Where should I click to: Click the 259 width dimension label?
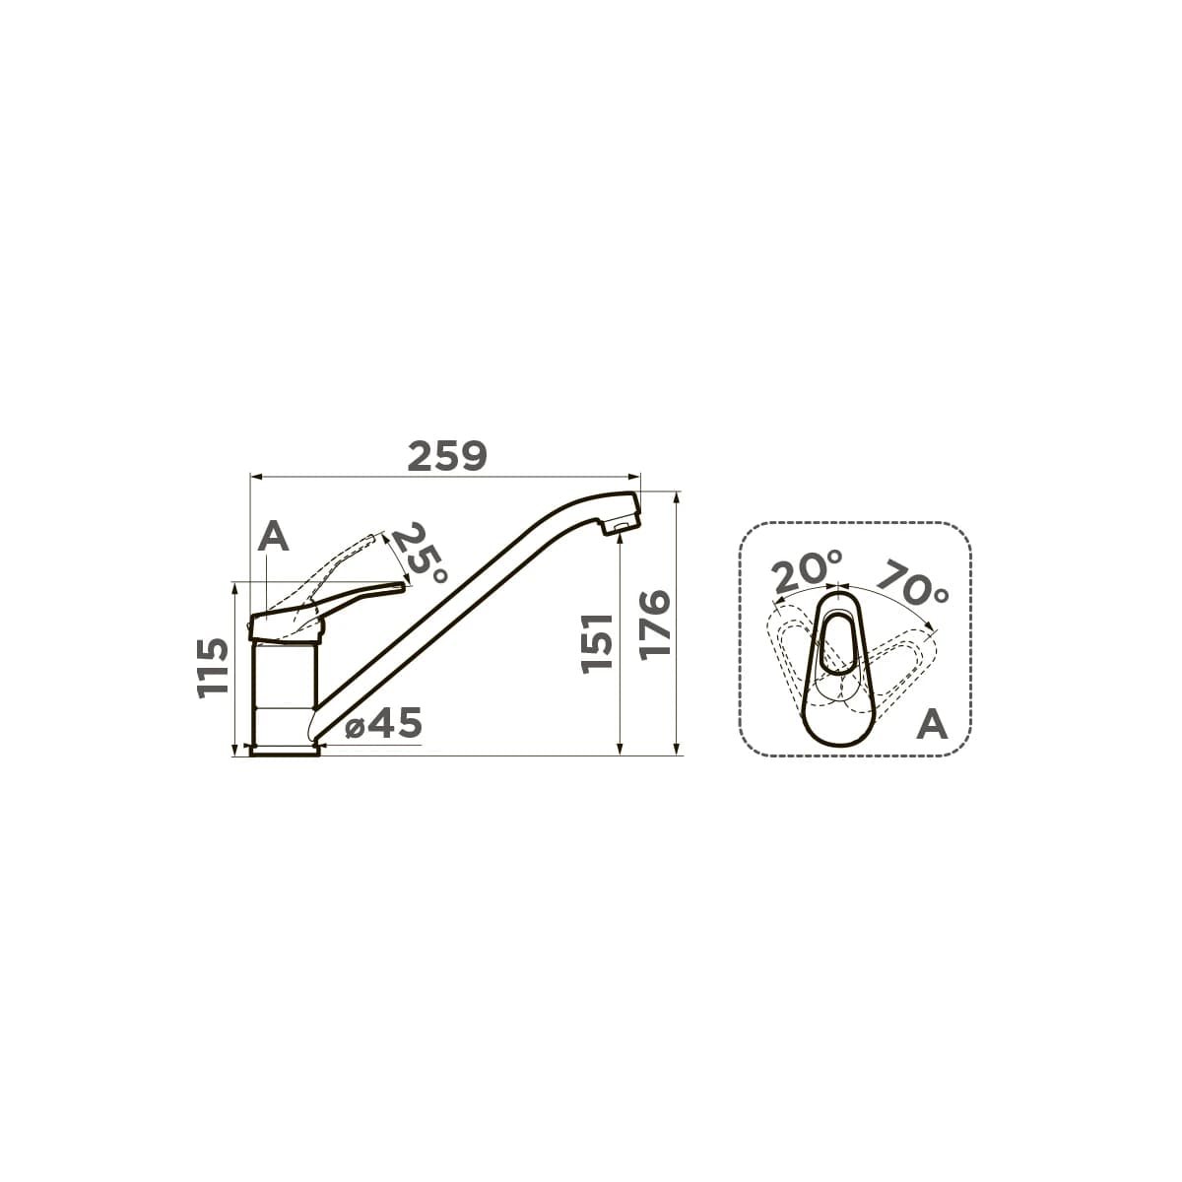[447, 456]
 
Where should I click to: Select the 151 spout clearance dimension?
[597, 644]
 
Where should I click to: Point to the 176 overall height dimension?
[654, 625]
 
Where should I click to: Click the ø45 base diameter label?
[384, 723]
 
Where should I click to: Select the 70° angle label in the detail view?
[912, 582]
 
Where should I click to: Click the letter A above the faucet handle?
[273, 538]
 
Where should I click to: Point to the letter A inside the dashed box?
[933, 724]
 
